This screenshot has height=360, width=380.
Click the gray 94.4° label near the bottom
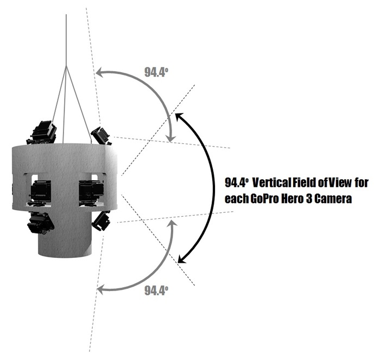[156, 290]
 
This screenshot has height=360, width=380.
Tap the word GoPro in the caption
[263, 199]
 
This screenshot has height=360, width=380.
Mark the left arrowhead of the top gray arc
[98, 72]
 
